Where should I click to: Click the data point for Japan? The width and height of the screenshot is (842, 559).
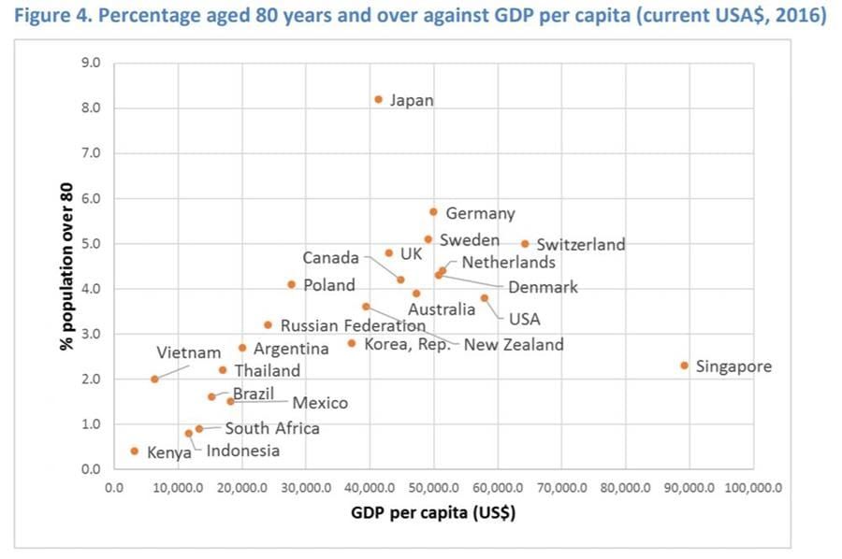pyautogui.click(x=378, y=99)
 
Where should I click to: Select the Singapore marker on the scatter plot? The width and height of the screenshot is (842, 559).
pyautogui.click(x=684, y=365)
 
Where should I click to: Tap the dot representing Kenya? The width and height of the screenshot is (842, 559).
pyautogui.click(x=134, y=451)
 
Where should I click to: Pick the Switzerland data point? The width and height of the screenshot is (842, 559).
pyautogui.click(x=525, y=243)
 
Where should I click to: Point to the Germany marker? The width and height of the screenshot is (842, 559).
pyautogui.click(x=433, y=212)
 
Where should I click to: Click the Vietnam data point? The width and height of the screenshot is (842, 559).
pyautogui.click(x=154, y=379)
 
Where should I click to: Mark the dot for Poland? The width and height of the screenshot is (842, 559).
pyautogui.click(x=291, y=284)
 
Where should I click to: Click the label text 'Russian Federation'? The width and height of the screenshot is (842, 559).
pyautogui.click(x=353, y=326)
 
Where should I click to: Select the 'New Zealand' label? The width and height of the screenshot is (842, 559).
pyautogui.click(x=514, y=345)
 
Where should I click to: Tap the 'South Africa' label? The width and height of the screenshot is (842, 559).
pyautogui.click(x=271, y=428)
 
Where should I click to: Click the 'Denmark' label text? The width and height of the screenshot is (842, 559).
pyautogui.click(x=543, y=287)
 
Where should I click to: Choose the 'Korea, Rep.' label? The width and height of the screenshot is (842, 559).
pyautogui.click(x=408, y=345)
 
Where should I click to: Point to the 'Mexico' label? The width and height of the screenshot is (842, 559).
pyautogui.click(x=320, y=403)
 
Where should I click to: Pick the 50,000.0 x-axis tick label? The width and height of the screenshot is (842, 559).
pyautogui.click(x=433, y=487)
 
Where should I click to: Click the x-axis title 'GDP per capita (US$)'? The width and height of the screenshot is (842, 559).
pyautogui.click(x=433, y=512)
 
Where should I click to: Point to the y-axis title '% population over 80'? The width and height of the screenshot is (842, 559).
pyautogui.click(x=67, y=266)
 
